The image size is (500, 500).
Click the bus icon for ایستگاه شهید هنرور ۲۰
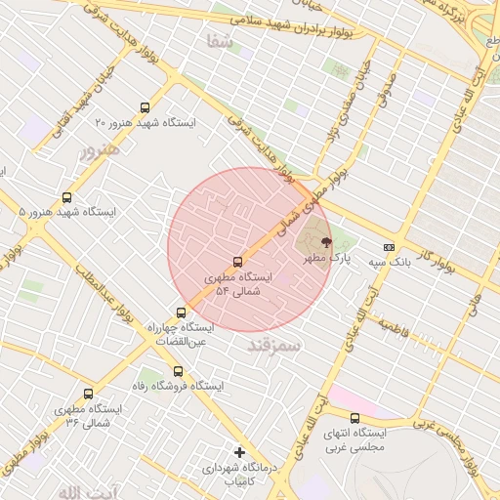146,108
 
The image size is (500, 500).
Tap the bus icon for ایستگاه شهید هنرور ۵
66,197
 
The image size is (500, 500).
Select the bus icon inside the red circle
237,262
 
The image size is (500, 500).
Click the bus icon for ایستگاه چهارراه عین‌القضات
181,313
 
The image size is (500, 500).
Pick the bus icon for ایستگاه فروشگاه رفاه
178,371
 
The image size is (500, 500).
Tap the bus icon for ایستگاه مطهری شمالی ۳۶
89,395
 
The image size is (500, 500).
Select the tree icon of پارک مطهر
325,242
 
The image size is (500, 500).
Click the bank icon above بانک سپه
390,248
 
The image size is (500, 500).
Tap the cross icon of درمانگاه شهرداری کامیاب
240,451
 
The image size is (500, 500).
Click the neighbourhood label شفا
220,41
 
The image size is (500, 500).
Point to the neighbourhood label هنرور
100,150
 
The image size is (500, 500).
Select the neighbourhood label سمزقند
274,346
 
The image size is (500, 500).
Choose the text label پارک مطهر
325,258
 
